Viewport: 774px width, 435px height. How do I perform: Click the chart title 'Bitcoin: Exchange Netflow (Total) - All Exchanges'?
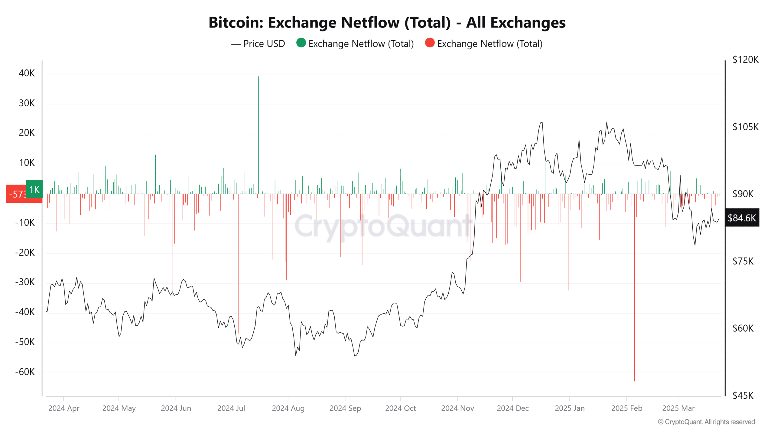coord(387,23)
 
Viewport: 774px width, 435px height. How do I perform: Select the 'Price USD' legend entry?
coord(264,44)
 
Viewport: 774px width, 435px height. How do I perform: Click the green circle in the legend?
coord(301,43)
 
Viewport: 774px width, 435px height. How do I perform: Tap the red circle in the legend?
coord(429,43)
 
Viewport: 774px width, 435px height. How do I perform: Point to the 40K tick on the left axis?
coord(27,73)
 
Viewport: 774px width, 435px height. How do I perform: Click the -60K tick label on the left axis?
coord(25,372)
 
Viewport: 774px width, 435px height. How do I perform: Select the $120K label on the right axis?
coord(745,60)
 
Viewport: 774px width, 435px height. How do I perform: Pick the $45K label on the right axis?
coord(743,395)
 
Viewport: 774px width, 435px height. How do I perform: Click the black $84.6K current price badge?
coord(742,218)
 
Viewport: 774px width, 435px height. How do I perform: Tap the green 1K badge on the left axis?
coord(34,189)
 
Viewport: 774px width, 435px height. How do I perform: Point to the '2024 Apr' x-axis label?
coord(64,408)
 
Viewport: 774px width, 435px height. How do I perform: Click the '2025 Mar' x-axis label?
coord(678,408)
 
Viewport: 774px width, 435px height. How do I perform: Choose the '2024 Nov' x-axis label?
coord(457,408)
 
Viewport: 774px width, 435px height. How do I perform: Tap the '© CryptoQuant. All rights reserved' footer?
coord(706,422)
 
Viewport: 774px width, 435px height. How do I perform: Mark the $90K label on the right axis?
coord(743,194)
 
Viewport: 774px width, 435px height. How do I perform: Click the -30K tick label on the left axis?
coord(25,282)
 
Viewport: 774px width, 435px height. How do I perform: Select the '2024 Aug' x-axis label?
coord(288,408)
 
